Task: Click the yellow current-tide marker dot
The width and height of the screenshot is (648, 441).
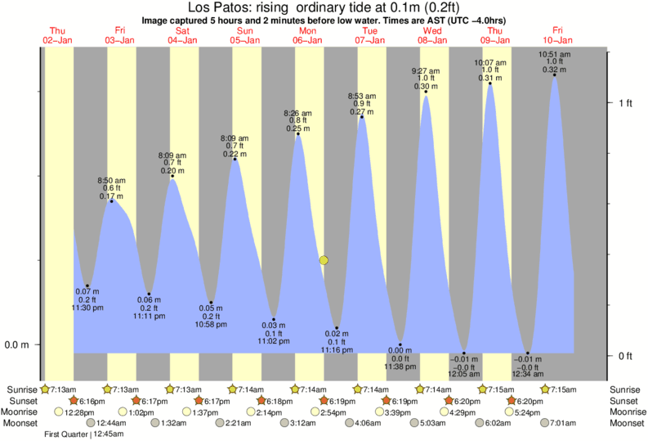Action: tap(324, 260)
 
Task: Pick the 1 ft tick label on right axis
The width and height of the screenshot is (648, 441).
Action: tap(626, 102)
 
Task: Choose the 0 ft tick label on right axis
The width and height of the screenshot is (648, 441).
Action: tap(626, 356)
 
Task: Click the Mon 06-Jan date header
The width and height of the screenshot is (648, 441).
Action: tap(308, 35)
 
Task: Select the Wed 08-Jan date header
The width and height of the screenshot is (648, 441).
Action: tap(432, 35)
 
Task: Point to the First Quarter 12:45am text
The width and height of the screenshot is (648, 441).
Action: tap(84, 434)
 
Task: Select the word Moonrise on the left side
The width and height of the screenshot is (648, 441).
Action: tap(20, 412)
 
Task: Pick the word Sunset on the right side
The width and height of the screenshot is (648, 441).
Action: tap(625, 401)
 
